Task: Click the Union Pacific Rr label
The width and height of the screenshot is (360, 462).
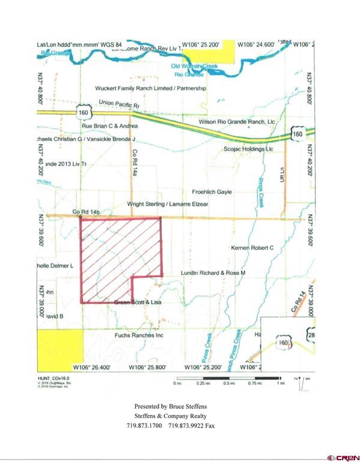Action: tap(119, 103)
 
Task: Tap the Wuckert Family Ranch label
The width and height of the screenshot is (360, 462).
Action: tap(150, 88)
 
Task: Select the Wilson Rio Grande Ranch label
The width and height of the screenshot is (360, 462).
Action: tap(236, 122)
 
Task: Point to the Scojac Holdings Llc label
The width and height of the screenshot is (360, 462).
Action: tap(248, 149)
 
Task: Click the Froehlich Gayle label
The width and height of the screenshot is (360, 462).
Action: tap(212, 192)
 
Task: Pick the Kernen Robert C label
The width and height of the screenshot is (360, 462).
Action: tap(252, 247)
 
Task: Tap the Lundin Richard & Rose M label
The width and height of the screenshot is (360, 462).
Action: tap(214, 273)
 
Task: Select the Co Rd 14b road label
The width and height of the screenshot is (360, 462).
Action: tap(85, 211)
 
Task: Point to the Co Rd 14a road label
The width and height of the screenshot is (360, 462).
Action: tap(135, 162)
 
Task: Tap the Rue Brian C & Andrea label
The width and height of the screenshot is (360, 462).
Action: tap(110, 126)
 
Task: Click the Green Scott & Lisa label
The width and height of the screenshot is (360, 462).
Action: tap(138, 303)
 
